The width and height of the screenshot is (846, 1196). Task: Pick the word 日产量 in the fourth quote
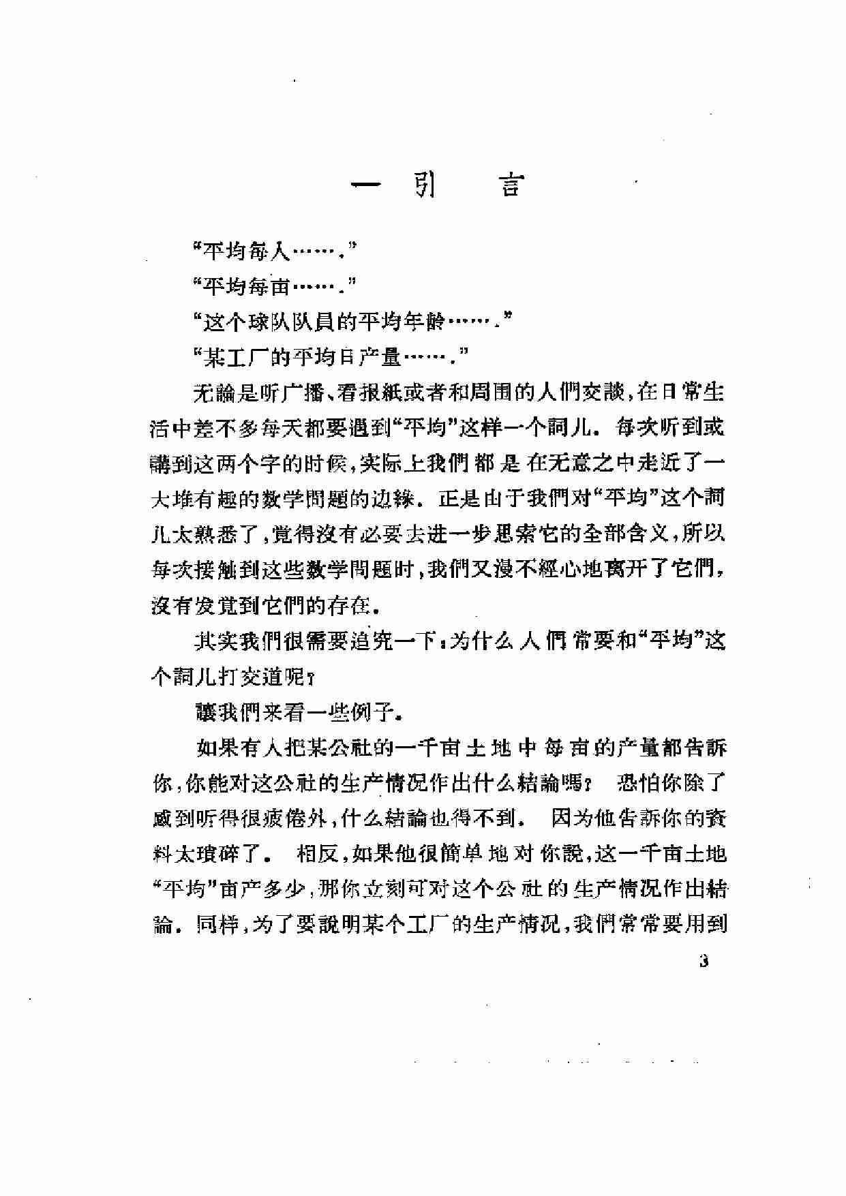pyautogui.click(x=371, y=356)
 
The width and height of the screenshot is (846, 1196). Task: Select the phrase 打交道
pyautogui.click(x=252, y=677)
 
